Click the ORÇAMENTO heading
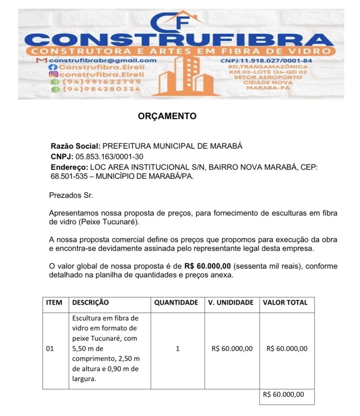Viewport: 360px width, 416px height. click(x=167, y=116)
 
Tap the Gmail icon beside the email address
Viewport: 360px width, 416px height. click(x=41, y=60)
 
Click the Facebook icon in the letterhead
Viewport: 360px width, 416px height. click(x=51, y=67)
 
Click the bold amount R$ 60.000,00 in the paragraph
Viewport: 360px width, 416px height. click(x=207, y=266)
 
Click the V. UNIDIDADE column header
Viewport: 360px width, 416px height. click(x=231, y=302)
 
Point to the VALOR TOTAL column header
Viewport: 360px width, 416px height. click(x=285, y=302)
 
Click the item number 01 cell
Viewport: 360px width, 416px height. click(x=50, y=349)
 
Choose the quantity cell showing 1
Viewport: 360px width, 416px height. click(x=177, y=349)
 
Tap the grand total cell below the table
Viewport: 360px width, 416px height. click(x=286, y=394)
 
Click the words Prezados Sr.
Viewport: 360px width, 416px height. click(x=71, y=195)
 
